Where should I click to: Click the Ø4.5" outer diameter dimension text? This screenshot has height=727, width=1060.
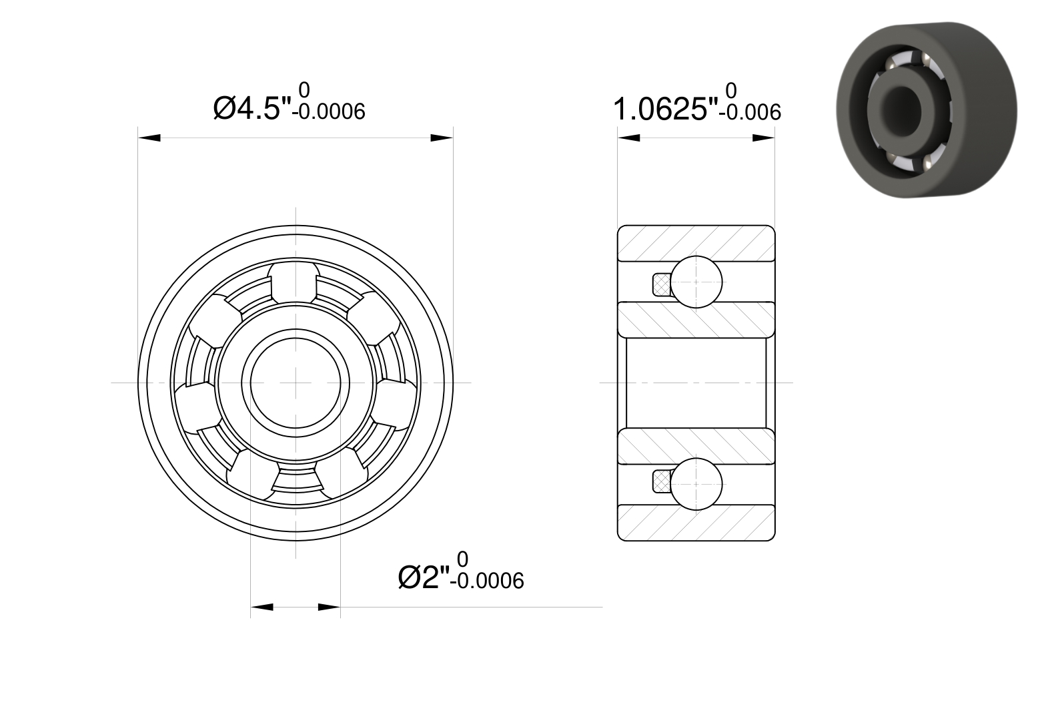pyautogui.click(x=253, y=109)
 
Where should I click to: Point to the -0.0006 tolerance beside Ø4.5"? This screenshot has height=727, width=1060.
pyautogui.click(x=329, y=112)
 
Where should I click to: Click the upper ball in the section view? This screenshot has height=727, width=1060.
pyautogui.click(x=696, y=282)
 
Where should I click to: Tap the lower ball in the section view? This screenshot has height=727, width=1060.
pyautogui.click(x=696, y=484)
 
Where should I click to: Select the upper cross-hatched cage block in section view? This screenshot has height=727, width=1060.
pyautogui.click(x=662, y=284)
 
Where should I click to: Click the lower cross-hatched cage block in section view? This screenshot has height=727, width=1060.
pyautogui.click(x=662, y=481)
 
